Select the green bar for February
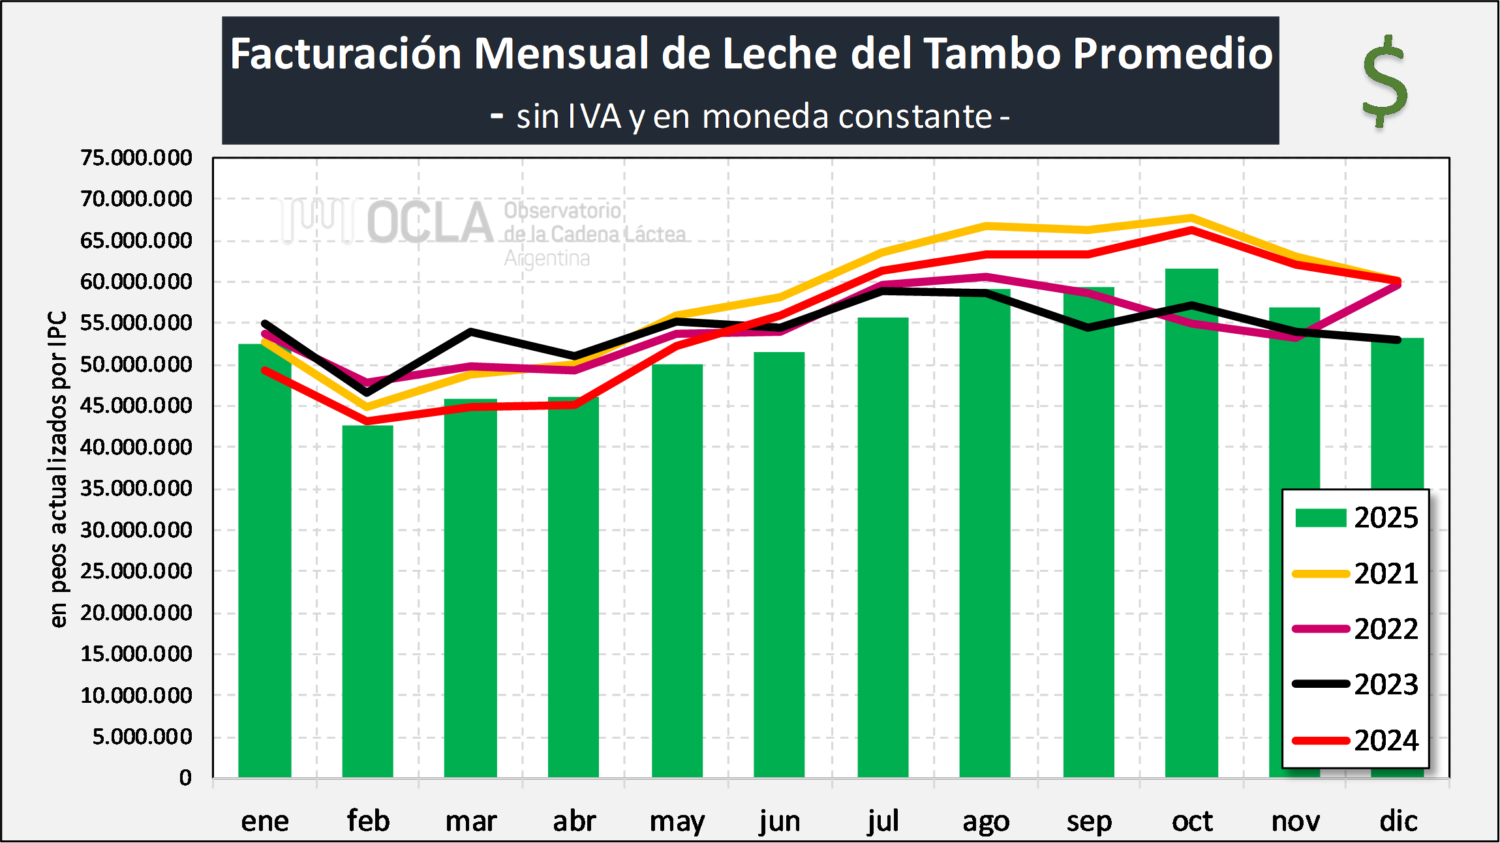[x=368, y=600]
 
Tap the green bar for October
[x=1191, y=522]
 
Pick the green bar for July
[x=883, y=548]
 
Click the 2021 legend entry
[x=1356, y=574]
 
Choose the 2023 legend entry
[x=1356, y=684]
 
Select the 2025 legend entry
[x=1356, y=518]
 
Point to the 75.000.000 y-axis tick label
[x=136, y=158]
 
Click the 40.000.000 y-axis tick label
[x=136, y=447]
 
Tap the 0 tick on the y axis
[x=185, y=778]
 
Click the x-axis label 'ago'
[x=986, y=821]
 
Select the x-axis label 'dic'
[x=1398, y=821]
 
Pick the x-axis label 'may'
[x=677, y=821]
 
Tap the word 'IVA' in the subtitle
[x=594, y=117]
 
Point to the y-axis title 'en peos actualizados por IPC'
[x=58, y=469]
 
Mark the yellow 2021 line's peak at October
[x=1191, y=218]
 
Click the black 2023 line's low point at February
[x=368, y=392]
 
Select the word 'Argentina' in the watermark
[x=547, y=259]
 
